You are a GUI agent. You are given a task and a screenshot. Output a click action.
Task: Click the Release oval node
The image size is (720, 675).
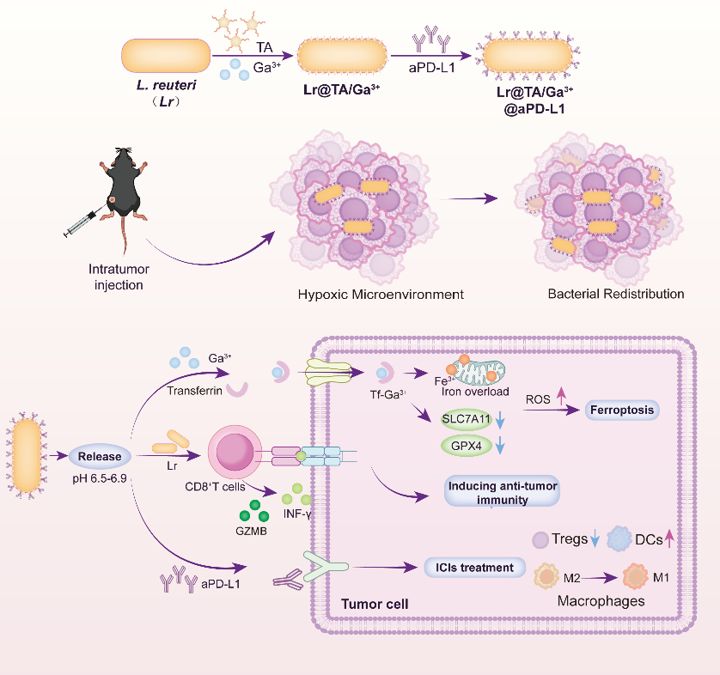pyautogui.click(x=101, y=457)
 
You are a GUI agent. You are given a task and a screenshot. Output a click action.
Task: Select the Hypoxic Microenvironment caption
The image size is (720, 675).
pyautogui.click(x=381, y=295)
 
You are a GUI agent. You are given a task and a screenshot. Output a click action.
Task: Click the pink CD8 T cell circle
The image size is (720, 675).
pyautogui.click(x=234, y=453)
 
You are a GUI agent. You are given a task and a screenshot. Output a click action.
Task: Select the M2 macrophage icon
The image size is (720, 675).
pyautogui.click(x=550, y=576)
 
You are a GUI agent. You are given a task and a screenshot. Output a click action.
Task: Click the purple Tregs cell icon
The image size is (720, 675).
pyautogui.click(x=541, y=539)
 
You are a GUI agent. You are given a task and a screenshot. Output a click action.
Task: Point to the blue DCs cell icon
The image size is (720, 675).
pyautogui.click(x=619, y=538)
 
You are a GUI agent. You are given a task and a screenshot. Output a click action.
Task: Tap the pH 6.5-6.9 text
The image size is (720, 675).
pyautogui.click(x=100, y=475)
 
